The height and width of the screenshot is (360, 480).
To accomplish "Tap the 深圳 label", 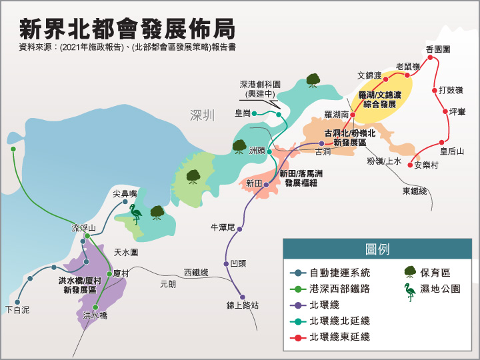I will [203, 115].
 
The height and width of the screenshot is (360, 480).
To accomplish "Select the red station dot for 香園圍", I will [431, 58].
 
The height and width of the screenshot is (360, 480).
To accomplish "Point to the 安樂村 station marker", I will [410, 164].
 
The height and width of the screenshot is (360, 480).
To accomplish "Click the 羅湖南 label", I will [337, 115].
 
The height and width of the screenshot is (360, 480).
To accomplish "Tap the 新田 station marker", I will [265, 184].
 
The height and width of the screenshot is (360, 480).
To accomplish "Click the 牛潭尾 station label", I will [223, 228].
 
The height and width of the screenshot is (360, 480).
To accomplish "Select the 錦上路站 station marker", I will [242, 297].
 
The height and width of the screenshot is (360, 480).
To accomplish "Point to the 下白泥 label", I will [17, 309].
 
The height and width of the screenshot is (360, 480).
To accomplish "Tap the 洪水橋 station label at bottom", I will [95, 315].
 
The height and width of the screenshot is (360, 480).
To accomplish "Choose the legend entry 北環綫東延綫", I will [339, 337].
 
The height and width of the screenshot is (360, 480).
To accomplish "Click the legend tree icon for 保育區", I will [410, 272].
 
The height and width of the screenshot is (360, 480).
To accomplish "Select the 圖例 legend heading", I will [377, 250].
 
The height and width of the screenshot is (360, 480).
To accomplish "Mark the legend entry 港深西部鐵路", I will [339, 289].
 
